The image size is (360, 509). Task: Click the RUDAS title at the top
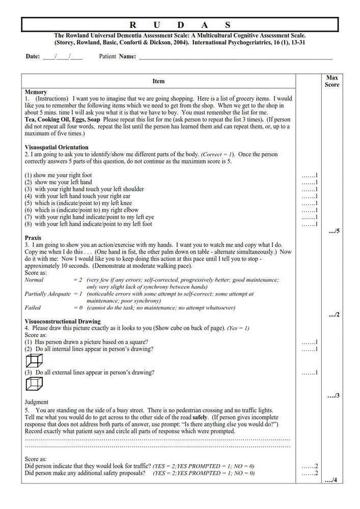pyautogui.click(x=180, y=24)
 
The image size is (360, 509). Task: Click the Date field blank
pyautogui.click(x=62, y=56)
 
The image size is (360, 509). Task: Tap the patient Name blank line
pyautogui.click(x=234, y=57)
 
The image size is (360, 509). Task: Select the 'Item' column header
pyautogui.click(x=158, y=81)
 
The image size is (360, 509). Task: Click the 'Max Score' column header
pyautogui.click(x=331, y=81)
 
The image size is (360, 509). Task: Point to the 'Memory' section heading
pyautogui.click(x=36, y=92)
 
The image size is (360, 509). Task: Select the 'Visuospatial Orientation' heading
pyautogui.click(x=57, y=148)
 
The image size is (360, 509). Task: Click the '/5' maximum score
pyautogui.click(x=334, y=232)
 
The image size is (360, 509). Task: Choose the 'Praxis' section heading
pyautogui.click(x=33, y=238)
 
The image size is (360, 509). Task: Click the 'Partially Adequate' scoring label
pyautogui.click(x=46, y=294)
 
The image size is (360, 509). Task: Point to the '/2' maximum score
pyautogui.click(x=334, y=315)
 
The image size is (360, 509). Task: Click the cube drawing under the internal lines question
pyautogui.click(x=34, y=360)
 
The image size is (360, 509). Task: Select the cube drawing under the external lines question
pyautogui.click(x=34, y=384)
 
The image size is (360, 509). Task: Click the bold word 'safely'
pyautogui.click(x=200, y=417)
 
